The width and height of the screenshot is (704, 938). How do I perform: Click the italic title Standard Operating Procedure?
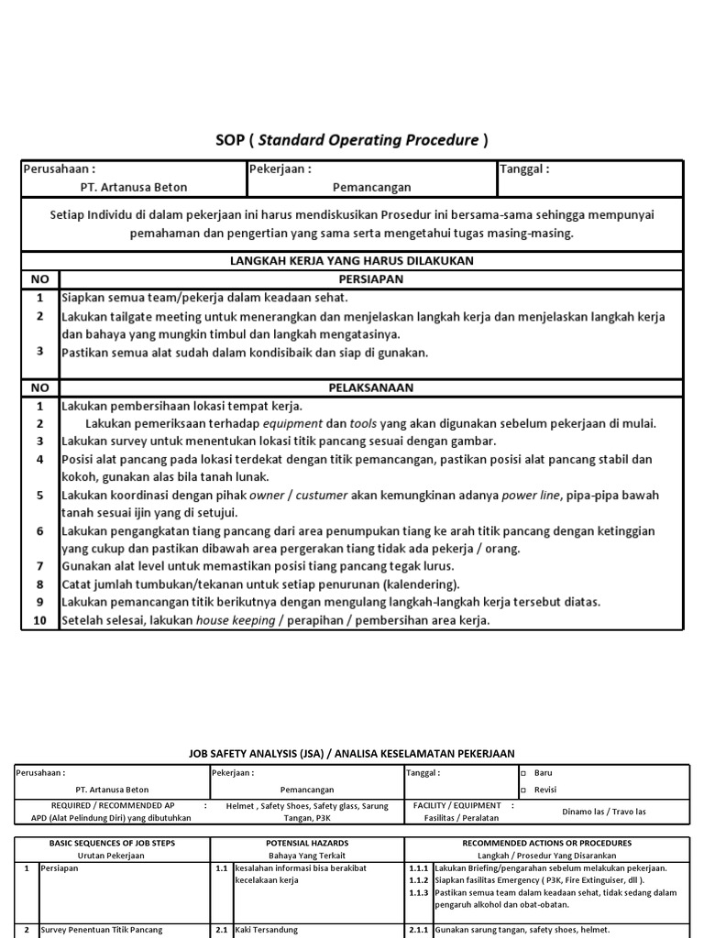(368, 140)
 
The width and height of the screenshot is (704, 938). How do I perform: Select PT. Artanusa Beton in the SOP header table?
(134, 187)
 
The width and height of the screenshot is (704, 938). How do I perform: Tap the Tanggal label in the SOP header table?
(524, 169)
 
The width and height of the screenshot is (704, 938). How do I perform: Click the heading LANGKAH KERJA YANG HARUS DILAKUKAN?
(351, 261)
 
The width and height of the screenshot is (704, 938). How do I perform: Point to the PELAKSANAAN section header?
(370, 387)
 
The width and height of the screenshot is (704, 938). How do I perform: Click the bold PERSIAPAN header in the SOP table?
(370, 279)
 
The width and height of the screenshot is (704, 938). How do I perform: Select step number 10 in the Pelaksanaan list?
(39, 620)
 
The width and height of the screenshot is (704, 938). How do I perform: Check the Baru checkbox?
(523, 773)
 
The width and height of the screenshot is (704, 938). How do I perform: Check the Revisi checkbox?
(523, 790)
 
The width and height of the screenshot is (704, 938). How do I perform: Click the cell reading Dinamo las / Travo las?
(603, 812)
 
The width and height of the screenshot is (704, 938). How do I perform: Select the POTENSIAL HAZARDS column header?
(307, 843)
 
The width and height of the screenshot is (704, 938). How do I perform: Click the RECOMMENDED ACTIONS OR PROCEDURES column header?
(545, 843)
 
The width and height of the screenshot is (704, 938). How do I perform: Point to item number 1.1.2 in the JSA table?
(419, 879)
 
